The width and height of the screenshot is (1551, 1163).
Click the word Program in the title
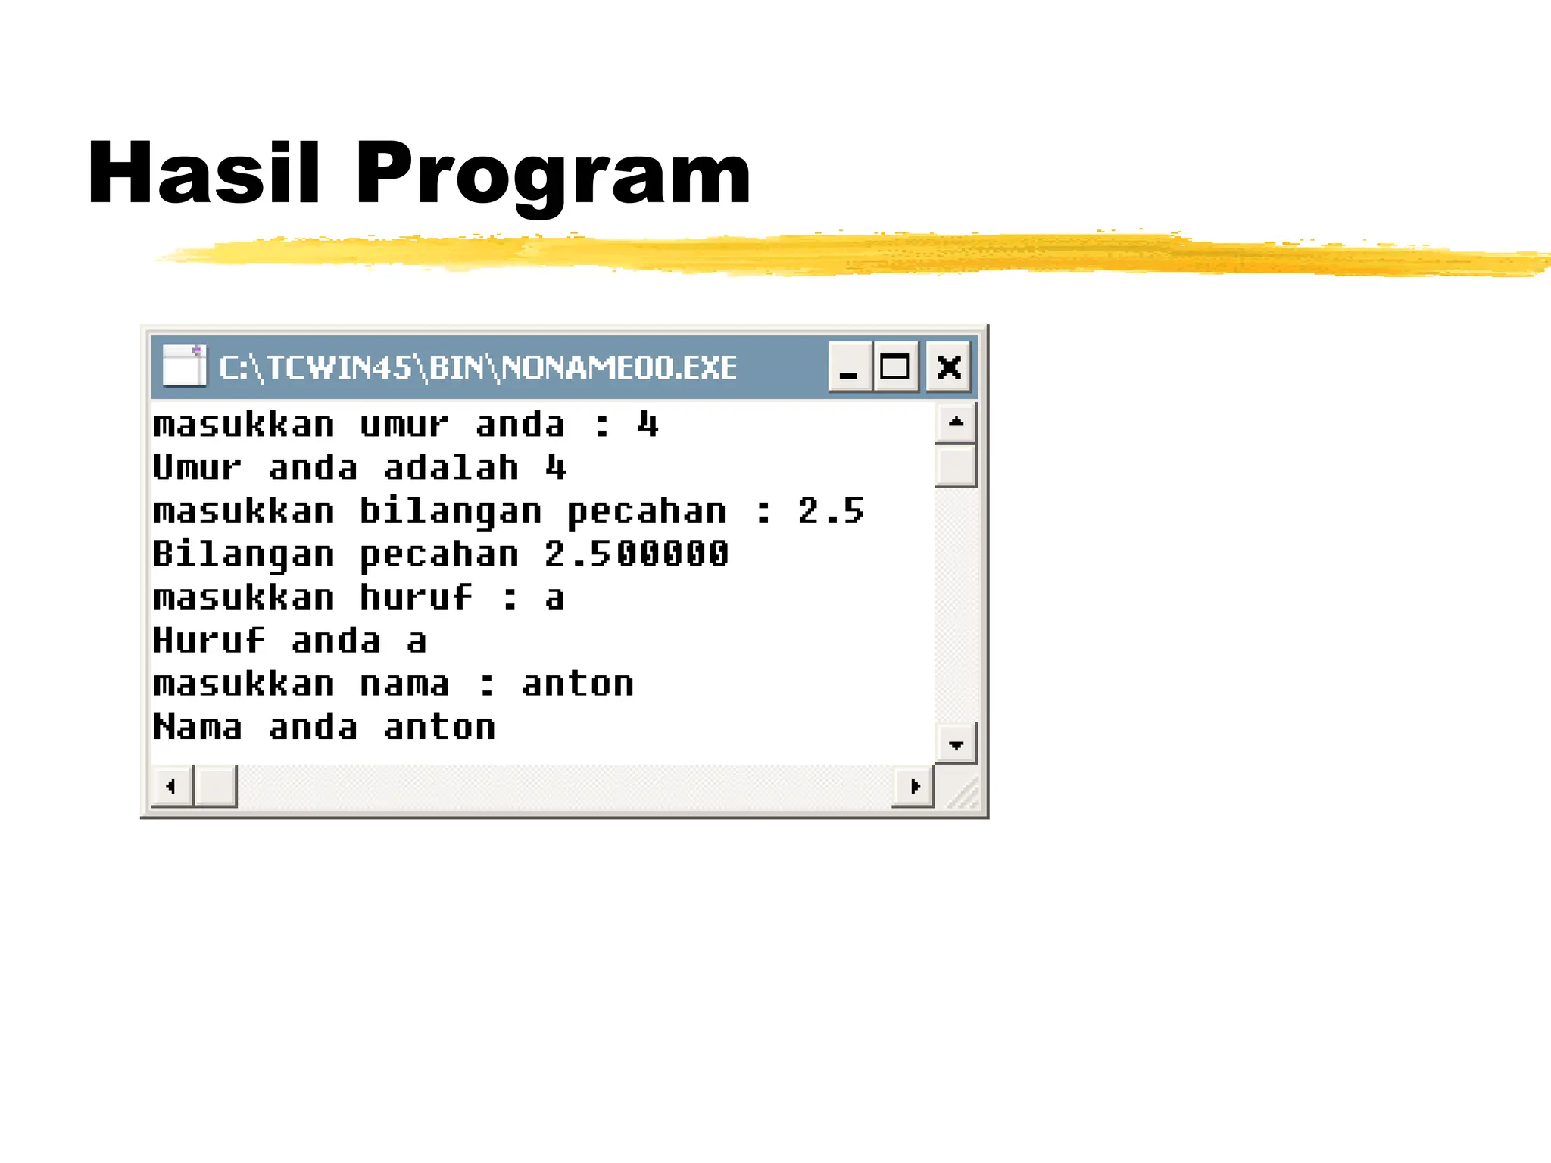[553, 176]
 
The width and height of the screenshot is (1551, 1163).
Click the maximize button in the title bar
[894, 367]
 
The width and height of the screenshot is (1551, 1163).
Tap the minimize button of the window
[849, 367]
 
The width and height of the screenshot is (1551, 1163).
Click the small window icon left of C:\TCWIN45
[184, 366]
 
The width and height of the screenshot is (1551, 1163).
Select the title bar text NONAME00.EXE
[619, 368]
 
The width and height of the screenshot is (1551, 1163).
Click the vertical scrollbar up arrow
[956, 422]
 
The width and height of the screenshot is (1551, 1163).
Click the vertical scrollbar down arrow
[956, 744]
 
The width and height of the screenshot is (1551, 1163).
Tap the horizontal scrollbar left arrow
[171, 787]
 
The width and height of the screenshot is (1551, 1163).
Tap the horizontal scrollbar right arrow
[913, 787]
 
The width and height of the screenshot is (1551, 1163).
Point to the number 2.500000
[636, 554]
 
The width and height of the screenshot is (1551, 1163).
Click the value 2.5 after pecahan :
[830, 511]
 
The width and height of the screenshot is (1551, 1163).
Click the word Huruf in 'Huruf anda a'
[209, 641]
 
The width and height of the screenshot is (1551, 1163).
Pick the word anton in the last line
[439, 728]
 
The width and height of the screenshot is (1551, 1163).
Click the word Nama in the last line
[198, 728]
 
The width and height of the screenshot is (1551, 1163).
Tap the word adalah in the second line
[451, 468]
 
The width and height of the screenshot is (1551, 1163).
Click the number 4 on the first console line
[648, 425]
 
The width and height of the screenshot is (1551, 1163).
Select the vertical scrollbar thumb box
[956, 466]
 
